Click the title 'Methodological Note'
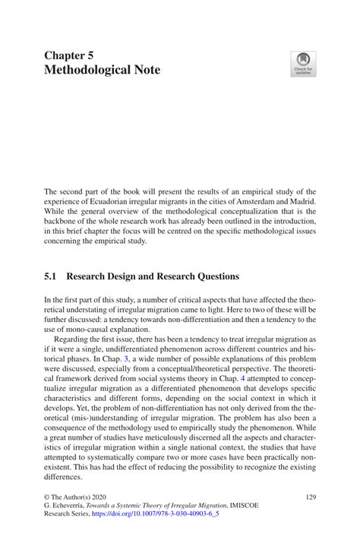[102, 71]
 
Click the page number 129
[309, 496]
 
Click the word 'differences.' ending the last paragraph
[64, 478]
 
